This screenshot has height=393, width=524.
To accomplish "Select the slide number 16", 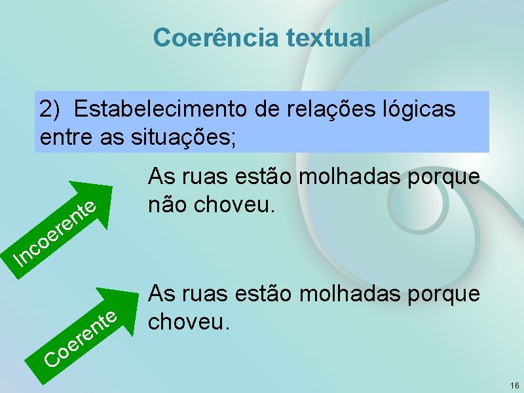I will (514, 385).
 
